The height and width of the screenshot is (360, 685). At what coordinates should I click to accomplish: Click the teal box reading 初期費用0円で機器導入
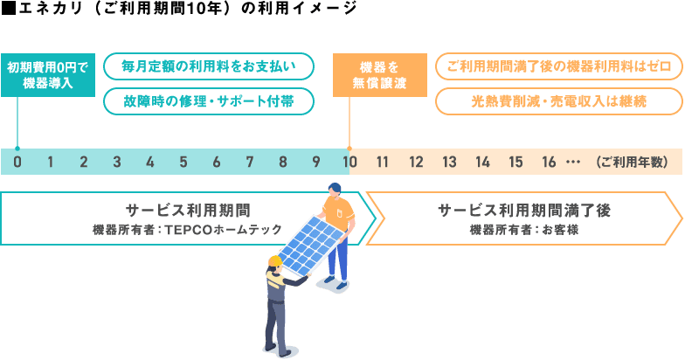(48, 77)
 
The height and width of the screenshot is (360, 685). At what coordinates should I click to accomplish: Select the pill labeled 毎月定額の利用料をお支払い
(210, 66)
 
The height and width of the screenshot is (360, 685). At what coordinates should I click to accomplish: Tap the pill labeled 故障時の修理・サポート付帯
(210, 100)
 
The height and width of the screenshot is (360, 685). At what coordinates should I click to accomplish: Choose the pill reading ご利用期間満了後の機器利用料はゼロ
(558, 66)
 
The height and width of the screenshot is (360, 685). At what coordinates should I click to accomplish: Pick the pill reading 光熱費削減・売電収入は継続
(558, 100)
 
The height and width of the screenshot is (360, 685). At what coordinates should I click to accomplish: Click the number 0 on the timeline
(17, 162)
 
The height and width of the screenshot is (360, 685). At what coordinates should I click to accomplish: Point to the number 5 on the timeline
(183, 162)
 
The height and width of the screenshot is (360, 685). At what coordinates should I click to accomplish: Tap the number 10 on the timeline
(349, 162)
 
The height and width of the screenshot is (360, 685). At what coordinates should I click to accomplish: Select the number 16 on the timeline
(549, 162)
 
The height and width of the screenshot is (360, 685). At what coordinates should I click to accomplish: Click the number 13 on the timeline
(449, 162)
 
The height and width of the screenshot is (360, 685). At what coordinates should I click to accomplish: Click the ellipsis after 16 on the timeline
(573, 163)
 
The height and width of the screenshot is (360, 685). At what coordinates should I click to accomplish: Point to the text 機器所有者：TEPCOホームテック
(188, 229)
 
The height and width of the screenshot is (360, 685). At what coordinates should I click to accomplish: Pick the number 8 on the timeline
(283, 162)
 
